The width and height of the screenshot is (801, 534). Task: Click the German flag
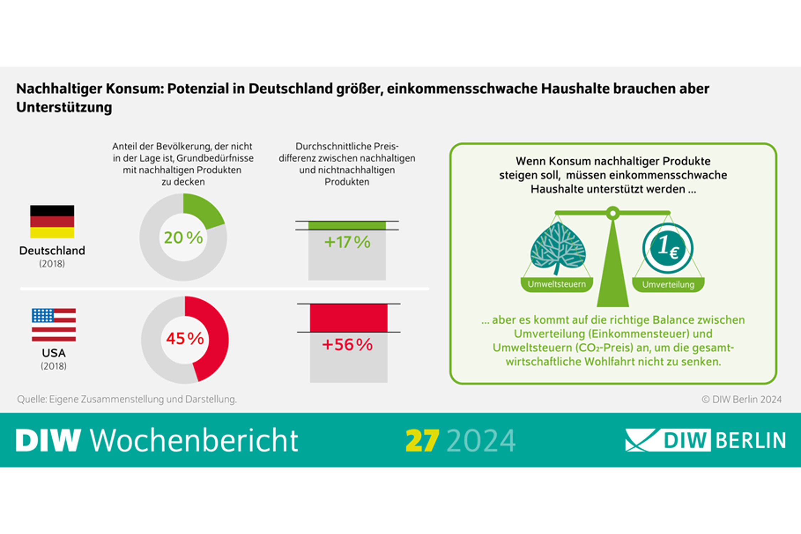coord(52,221)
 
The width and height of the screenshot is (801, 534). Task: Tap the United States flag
coord(54,325)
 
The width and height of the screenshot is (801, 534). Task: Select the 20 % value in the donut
coord(183,238)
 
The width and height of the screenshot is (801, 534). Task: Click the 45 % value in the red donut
coord(185,339)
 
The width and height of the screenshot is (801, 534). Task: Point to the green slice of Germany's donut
coord(203,211)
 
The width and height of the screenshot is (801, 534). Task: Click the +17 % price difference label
coord(347,242)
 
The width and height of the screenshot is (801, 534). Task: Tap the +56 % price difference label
coord(347,345)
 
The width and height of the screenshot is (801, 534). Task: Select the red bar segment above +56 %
coord(349,318)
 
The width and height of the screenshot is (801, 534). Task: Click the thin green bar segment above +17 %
coord(347,225)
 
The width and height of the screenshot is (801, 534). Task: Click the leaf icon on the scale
coord(557,248)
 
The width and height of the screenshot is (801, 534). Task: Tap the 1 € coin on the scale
coord(668,248)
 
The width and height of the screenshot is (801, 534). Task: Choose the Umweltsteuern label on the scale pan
coord(556,284)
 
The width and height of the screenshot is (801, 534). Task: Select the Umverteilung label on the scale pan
coord(668,285)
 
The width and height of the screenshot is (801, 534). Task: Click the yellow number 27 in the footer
coord(422,441)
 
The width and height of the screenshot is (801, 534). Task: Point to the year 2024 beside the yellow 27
coord(481,441)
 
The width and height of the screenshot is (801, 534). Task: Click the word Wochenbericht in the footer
coord(194,441)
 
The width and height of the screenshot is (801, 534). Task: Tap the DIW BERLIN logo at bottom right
coord(705,440)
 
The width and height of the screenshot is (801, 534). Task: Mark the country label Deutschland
coord(52,251)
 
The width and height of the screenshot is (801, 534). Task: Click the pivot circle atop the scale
coord(613,213)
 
